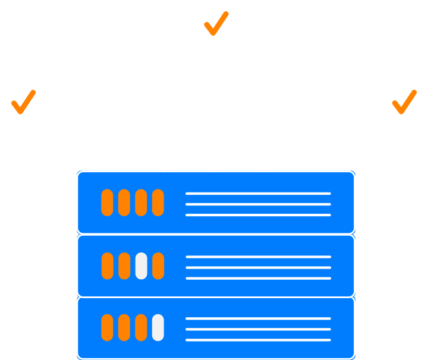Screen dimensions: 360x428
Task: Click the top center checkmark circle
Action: point(216,24)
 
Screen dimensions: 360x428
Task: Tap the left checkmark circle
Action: point(23,102)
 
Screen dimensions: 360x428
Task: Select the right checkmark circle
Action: point(404,102)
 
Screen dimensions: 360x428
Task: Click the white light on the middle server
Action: point(141,266)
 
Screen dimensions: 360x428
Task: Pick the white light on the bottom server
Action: point(158,328)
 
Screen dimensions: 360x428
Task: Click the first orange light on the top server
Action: point(107,203)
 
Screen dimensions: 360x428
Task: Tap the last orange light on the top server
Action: point(158,203)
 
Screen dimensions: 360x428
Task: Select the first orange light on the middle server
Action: point(107,266)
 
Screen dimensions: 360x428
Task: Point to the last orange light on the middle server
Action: point(158,266)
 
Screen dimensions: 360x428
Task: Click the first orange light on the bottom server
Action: point(107,328)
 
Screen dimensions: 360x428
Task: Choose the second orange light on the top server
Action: point(124,203)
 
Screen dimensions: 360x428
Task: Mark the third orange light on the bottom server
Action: point(141,328)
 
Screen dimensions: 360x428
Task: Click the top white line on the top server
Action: point(258,194)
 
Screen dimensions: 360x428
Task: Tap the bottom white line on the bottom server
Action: point(258,340)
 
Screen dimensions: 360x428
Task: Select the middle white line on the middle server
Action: point(258,267)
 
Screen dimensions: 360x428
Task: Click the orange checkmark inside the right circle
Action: point(404,102)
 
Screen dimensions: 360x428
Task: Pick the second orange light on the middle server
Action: point(124,266)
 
